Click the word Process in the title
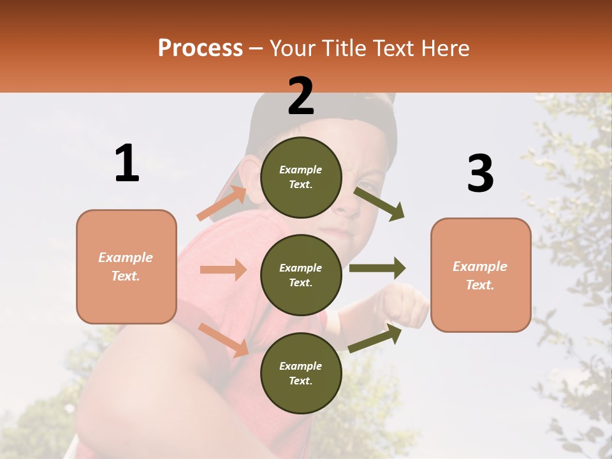click(200, 48)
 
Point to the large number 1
click(127, 163)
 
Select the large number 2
click(301, 96)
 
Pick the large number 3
click(481, 173)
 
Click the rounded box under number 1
click(126, 266)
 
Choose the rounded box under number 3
click(481, 275)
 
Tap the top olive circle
click(301, 177)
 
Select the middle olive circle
click(301, 275)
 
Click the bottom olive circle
click(301, 373)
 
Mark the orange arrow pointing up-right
click(222, 203)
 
